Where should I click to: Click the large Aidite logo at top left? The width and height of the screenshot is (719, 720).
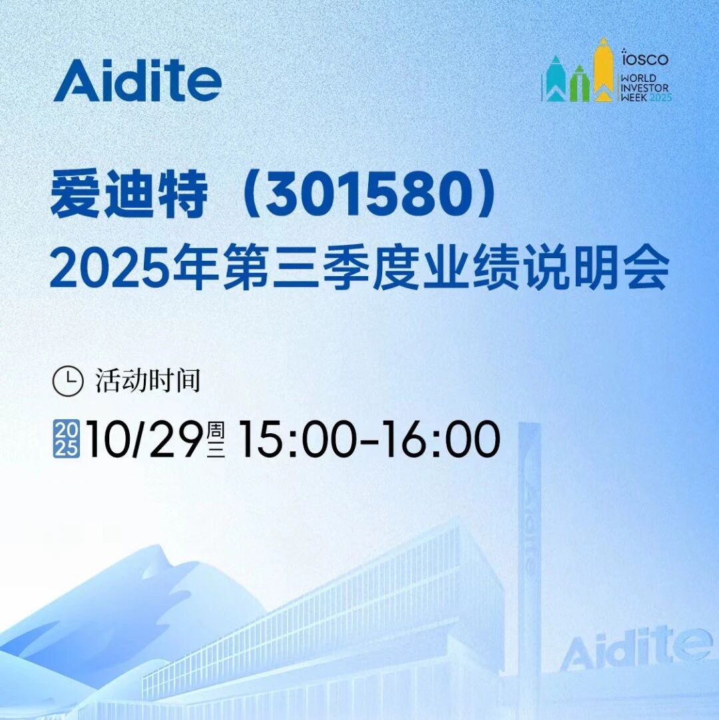click(137, 81)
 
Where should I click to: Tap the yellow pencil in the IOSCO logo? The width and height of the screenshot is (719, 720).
click(603, 69)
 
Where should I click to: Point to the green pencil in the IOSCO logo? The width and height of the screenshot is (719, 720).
click(579, 83)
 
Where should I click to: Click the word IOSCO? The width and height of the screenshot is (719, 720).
click(645, 58)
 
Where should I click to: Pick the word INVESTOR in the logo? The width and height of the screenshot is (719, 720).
click(644, 88)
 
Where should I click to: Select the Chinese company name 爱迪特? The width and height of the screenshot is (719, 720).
click(129, 195)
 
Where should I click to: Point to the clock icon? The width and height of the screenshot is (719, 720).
click(67, 381)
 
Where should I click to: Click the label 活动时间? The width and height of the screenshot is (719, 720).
click(148, 381)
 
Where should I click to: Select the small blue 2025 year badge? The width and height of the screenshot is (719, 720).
click(67, 439)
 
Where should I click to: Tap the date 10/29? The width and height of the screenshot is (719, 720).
click(144, 439)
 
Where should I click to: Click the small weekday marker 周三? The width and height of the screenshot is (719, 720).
click(216, 439)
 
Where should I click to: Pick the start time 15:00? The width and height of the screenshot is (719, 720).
click(297, 439)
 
